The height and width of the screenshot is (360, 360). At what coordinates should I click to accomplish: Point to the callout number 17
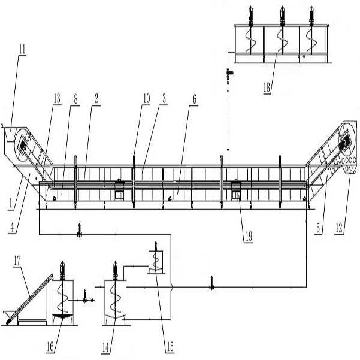coord(17,260)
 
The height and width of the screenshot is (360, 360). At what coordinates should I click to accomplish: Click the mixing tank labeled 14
coord(114,298)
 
